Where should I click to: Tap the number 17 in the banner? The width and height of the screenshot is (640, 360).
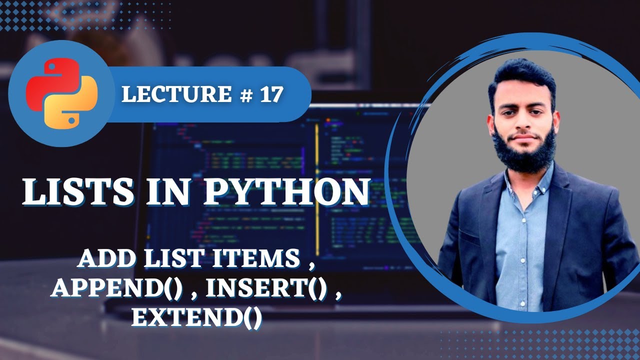click(270, 93)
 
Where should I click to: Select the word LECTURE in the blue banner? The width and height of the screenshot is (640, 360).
click(174, 93)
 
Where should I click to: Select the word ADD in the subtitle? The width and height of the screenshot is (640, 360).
click(102, 258)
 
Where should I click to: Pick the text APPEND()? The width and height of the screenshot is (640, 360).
click(116, 288)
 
